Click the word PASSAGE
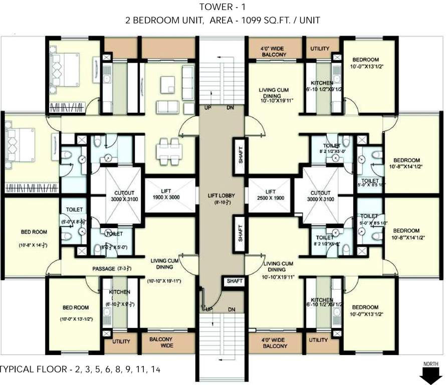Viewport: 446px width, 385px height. coord(104,269)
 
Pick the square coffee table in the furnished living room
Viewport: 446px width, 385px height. coord(167,85)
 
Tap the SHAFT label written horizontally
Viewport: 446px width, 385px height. coord(235,281)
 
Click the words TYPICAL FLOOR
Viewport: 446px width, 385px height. coord(32,369)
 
